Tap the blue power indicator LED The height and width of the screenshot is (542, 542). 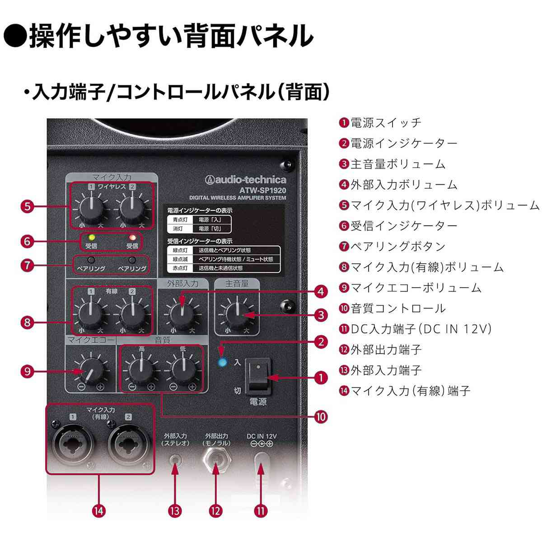(222, 362)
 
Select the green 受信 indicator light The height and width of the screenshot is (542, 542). (92, 237)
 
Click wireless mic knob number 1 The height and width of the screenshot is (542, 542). (92, 207)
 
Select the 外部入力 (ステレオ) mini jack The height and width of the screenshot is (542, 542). (175, 460)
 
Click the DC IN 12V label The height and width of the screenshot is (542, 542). (262, 436)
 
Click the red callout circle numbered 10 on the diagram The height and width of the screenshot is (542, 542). (320, 416)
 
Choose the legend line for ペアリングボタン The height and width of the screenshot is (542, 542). (393, 246)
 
